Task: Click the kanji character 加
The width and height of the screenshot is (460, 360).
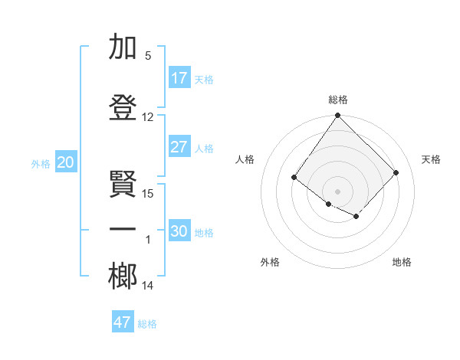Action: (123, 48)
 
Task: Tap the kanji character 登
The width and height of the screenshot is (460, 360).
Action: (123, 107)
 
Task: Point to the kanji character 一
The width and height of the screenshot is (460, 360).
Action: (123, 229)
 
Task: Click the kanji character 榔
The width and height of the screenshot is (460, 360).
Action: (123, 276)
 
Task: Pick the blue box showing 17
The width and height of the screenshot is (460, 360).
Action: (179, 78)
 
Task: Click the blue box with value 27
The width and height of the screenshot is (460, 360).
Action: (179, 147)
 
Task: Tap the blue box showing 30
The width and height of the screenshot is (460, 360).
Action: (179, 231)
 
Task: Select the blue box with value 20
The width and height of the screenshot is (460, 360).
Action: (66, 162)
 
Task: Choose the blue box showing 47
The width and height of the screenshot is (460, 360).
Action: (123, 322)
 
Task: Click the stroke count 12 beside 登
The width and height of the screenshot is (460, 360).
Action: (148, 117)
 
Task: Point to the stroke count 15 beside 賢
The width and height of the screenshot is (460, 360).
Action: (148, 193)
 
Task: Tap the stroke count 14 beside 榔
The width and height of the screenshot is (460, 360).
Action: (148, 286)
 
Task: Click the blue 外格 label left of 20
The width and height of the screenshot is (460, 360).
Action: (41, 163)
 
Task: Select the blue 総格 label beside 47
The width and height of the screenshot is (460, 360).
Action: (147, 324)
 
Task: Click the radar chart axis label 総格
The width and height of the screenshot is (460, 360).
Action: (338, 100)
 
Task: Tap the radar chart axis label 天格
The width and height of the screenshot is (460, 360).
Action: (431, 159)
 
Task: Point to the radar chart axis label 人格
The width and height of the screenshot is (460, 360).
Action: (245, 159)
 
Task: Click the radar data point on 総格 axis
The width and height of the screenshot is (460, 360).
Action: (338, 116)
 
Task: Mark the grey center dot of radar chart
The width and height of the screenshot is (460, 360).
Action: (338, 191)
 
